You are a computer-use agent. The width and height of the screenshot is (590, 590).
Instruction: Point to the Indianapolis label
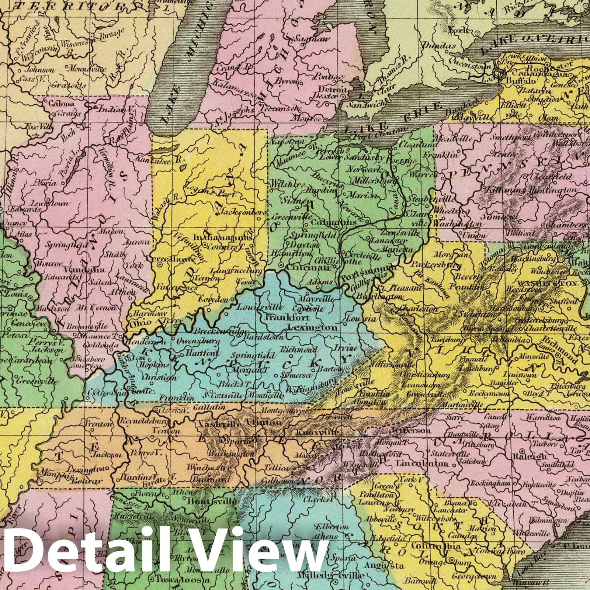(x=223, y=238)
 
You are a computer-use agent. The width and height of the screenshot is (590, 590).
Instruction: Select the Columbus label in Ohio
(x=334, y=223)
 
